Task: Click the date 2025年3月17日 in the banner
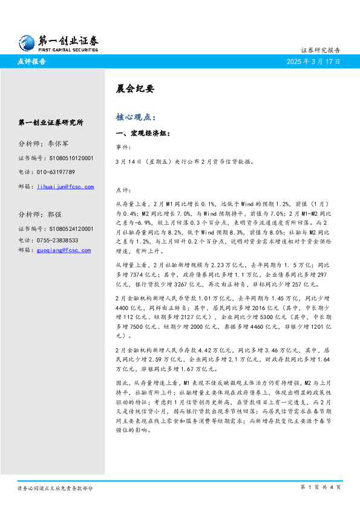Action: (x=313, y=62)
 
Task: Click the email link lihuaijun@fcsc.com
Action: (x=65, y=187)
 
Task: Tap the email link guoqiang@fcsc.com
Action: (x=64, y=250)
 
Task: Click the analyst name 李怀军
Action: (x=58, y=144)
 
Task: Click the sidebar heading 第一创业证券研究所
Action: (x=51, y=123)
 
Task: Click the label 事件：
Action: (x=122, y=147)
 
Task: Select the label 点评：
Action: (x=122, y=189)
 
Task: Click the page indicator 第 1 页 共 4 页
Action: (x=321, y=487)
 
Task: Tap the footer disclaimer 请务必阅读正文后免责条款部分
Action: (x=55, y=488)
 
